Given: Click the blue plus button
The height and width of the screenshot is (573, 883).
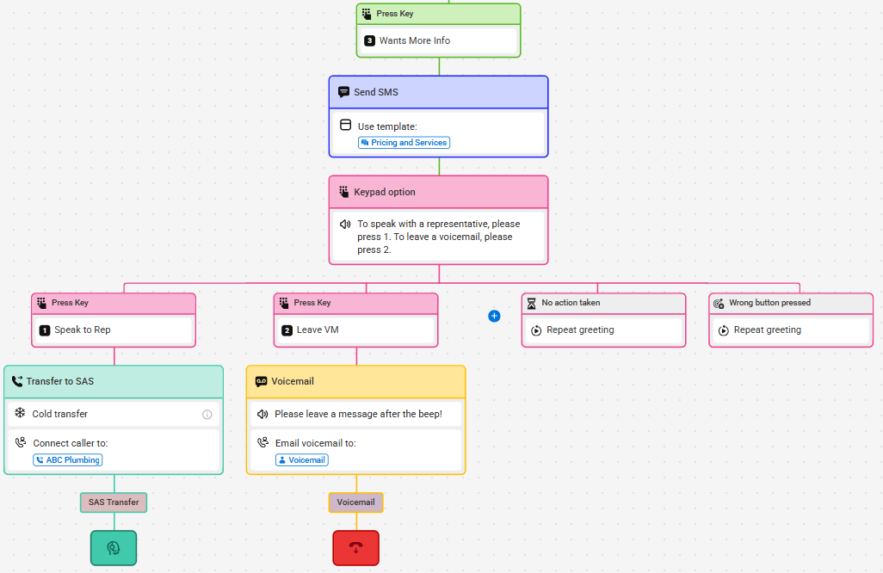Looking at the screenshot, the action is click(494, 317).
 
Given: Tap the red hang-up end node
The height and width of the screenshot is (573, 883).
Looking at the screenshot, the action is click(356, 548).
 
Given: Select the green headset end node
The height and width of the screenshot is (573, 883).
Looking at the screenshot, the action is click(114, 548).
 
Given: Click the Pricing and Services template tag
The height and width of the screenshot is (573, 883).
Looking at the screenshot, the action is click(404, 143).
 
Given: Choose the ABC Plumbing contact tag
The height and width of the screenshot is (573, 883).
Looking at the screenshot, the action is click(68, 460).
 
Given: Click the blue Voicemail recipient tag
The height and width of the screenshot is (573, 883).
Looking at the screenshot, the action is click(302, 460).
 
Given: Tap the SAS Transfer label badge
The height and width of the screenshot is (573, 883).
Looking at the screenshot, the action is click(114, 502).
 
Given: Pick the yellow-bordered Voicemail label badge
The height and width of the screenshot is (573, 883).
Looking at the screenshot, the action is click(356, 502).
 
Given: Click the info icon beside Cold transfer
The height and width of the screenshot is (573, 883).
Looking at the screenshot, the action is click(207, 415).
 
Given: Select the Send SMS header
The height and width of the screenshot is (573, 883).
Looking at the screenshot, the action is click(439, 92).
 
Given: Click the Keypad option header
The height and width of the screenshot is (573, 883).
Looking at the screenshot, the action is click(439, 192).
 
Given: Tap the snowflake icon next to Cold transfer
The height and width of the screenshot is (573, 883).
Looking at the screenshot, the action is click(21, 413).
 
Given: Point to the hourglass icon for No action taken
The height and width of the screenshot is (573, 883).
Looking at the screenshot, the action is click(531, 304).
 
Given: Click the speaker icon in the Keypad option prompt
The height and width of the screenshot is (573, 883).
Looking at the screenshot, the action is click(345, 224).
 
